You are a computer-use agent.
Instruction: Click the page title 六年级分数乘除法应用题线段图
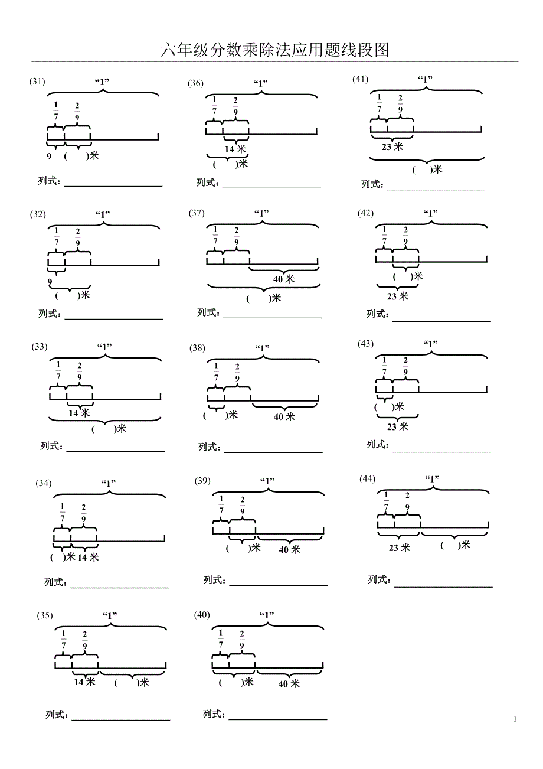coord(275,50)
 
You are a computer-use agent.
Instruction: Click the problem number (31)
coord(37,82)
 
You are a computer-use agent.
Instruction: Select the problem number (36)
coord(196,83)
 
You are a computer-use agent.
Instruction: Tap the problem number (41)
coord(360,79)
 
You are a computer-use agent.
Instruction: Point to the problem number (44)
coord(367,478)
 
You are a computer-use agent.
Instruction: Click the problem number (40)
coord(202,615)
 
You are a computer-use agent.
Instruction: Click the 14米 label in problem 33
coord(79,413)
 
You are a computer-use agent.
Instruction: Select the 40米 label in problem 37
coord(283,279)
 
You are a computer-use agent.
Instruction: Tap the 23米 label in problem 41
coord(392,147)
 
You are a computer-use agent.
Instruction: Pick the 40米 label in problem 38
coord(284,417)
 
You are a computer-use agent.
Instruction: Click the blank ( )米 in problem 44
coord(455,545)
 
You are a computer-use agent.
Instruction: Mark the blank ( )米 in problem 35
coord(132,683)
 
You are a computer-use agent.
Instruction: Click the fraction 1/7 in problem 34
coord(63,513)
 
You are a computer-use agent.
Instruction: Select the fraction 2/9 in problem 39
coord(243,506)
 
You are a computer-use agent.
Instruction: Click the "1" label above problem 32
coord(103,214)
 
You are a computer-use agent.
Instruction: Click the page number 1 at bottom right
coord(515,719)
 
